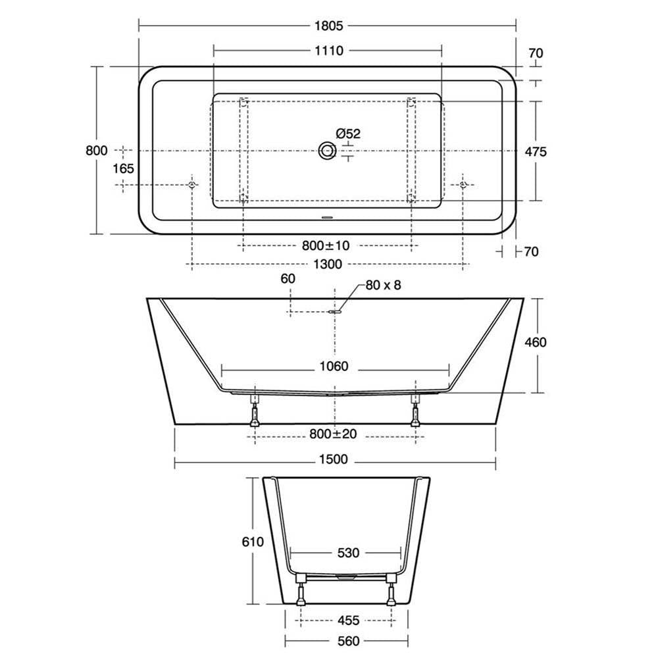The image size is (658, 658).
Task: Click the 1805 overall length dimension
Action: [x=328, y=26]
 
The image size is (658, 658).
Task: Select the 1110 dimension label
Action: [x=328, y=51]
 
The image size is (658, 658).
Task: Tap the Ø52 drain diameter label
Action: [x=348, y=134]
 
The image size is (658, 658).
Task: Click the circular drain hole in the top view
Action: [x=327, y=151]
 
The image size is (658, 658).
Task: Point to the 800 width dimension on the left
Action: [x=97, y=150]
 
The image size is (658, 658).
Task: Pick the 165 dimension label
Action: [x=124, y=168]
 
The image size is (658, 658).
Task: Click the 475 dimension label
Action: [x=536, y=151]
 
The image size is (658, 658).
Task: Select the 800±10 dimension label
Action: [x=326, y=245]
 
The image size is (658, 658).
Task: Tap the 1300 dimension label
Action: [x=328, y=265]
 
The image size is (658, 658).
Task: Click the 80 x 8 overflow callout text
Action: [x=383, y=286]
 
